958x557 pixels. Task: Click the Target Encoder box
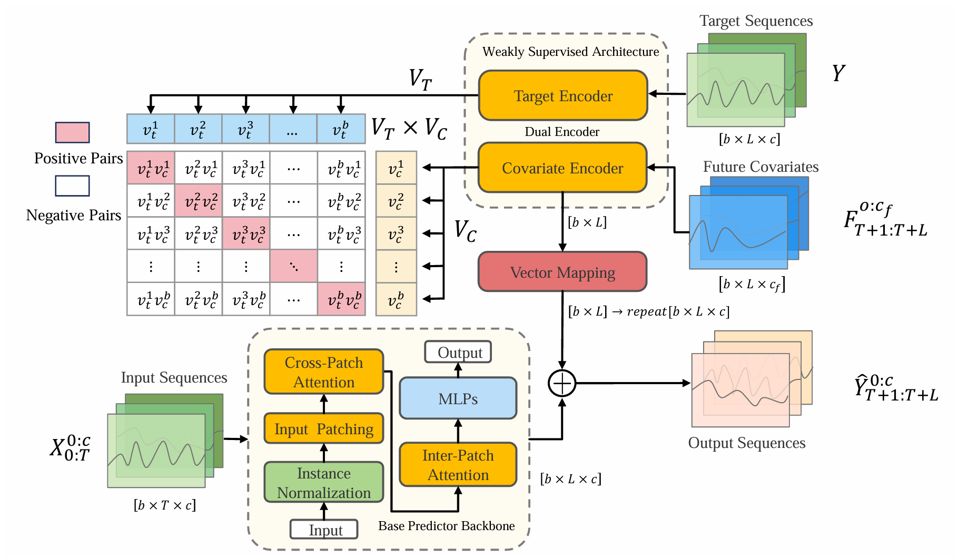click(562, 96)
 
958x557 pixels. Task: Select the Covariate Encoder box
click(562, 168)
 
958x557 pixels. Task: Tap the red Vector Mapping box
click(562, 272)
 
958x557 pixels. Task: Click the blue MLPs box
click(458, 398)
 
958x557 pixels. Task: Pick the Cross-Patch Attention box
click(323, 372)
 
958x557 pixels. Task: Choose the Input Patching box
click(323, 429)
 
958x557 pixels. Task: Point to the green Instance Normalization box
click(323, 482)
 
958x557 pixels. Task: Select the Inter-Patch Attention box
click(458, 465)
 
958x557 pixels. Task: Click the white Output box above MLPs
click(458, 352)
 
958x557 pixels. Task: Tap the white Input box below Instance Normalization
click(324, 530)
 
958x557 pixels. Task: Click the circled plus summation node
click(562, 383)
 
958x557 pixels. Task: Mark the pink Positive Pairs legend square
click(73, 132)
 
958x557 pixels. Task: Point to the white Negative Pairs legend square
click(73, 185)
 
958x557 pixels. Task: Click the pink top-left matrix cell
click(151, 168)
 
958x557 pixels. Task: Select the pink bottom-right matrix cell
click(341, 299)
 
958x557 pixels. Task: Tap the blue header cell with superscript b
click(341, 129)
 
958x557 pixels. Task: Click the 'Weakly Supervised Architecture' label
click(570, 52)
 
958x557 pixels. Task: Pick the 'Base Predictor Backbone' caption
click(446, 526)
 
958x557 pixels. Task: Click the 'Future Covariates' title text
click(761, 167)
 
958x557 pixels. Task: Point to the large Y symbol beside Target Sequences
click(838, 73)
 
